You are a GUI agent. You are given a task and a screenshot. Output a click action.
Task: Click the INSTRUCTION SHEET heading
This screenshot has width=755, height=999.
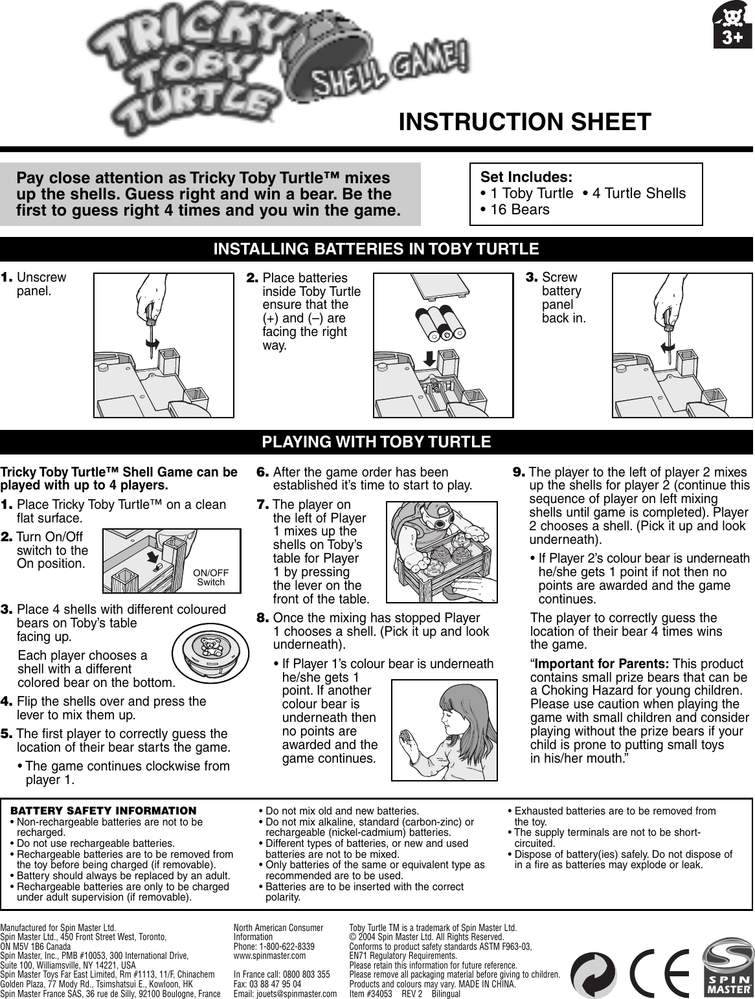[x=525, y=122]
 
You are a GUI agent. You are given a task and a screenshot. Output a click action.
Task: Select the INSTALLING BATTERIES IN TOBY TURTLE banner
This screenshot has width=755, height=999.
[x=377, y=249]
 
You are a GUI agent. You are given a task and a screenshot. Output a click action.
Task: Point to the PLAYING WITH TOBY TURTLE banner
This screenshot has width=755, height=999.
[x=377, y=442]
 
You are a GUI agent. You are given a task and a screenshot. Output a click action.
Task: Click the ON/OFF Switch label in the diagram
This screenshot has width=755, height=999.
[x=211, y=578]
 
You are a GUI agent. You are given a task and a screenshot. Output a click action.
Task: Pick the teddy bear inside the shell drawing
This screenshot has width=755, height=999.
[x=208, y=645]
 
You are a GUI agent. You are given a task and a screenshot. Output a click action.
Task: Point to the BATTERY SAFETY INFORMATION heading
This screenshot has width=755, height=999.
[x=104, y=811]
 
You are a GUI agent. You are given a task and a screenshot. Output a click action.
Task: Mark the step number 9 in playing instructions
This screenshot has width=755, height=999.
[x=518, y=473]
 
